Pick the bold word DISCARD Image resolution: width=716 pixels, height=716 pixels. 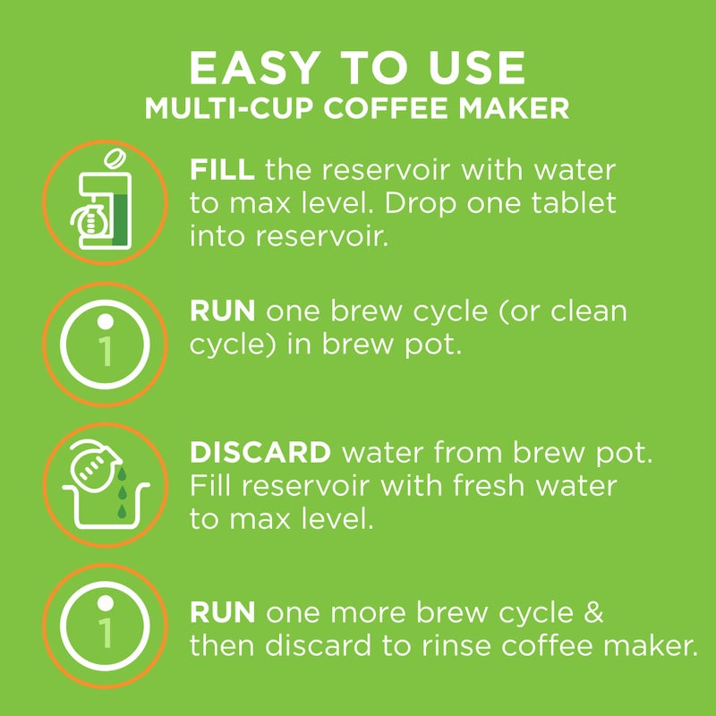point(260,452)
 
